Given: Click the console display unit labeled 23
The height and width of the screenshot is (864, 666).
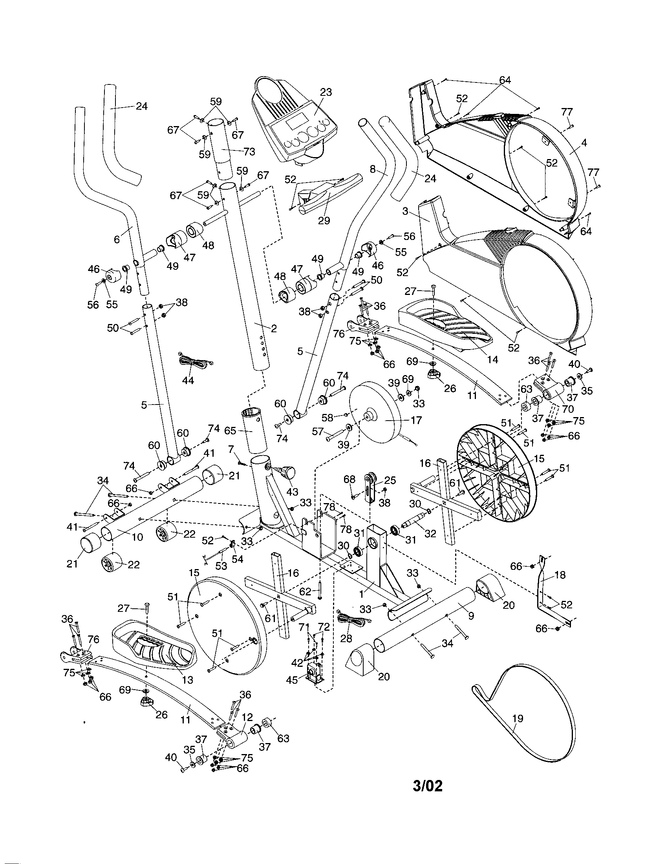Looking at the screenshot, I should point(295,123).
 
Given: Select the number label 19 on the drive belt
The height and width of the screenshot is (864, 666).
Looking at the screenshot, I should point(517,718).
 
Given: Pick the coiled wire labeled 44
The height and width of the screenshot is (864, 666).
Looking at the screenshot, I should point(191,361).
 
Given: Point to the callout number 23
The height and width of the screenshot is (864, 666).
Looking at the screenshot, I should point(326,92).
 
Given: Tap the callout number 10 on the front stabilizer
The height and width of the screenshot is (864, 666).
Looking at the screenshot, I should point(137,537).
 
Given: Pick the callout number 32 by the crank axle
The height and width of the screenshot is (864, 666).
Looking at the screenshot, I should point(430,533).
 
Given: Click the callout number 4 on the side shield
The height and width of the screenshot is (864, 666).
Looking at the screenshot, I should point(584,143).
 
